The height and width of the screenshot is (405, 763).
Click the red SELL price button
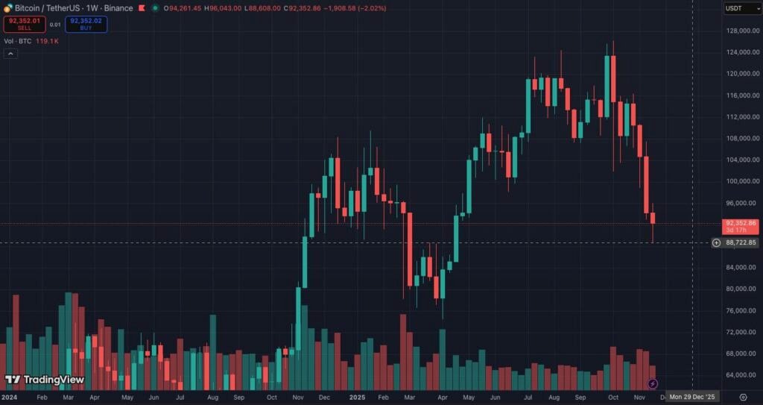[24, 25]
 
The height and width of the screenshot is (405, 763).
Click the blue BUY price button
[86, 25]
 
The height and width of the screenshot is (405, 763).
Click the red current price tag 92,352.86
[741, 223]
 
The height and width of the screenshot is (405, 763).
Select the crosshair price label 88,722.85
[741, 243]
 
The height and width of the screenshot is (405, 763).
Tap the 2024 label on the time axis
[10, 398]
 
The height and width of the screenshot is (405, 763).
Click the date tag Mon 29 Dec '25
[692, 397]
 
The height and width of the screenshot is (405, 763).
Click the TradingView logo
[45, 380]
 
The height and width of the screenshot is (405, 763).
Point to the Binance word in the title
[117, 8]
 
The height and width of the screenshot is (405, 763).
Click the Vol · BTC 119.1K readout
[31, 41]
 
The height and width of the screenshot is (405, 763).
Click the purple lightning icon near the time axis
[653, 383]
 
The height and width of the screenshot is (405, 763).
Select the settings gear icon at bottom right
[743, 397]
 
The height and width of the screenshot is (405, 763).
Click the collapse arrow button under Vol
[10, 54]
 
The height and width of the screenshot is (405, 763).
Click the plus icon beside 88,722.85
[716, 243]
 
